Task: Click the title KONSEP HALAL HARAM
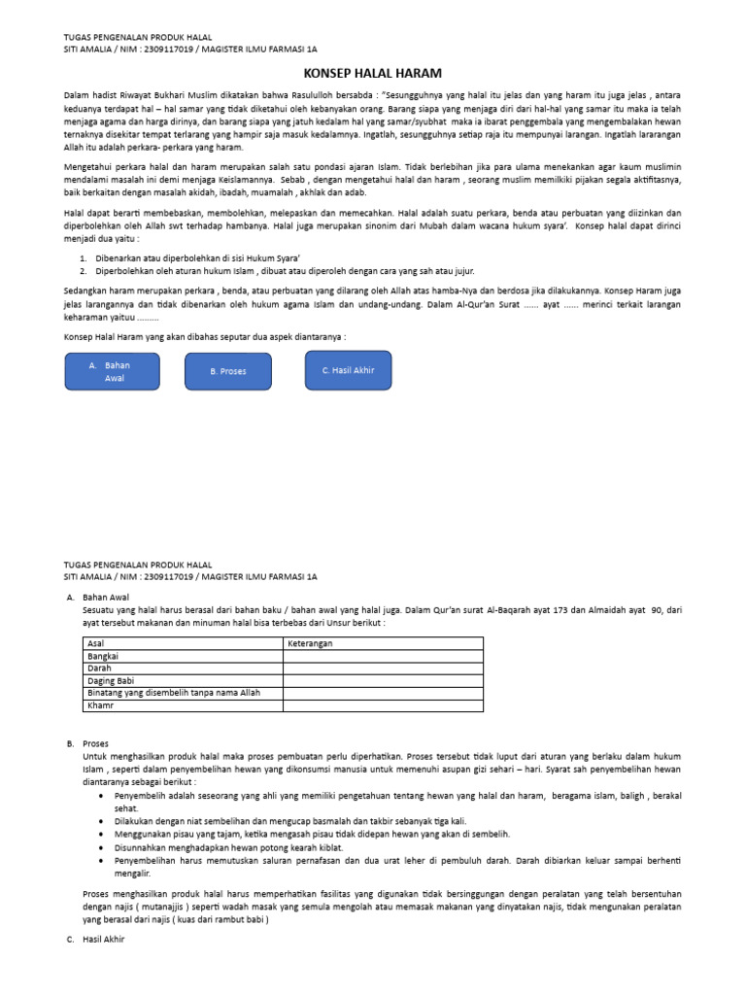coord(373,73)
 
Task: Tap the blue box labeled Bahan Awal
coord(110,370)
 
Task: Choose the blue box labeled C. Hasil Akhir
coord(347,370)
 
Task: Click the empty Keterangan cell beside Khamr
coord(383,706)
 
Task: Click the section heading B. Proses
coord(97,743)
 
